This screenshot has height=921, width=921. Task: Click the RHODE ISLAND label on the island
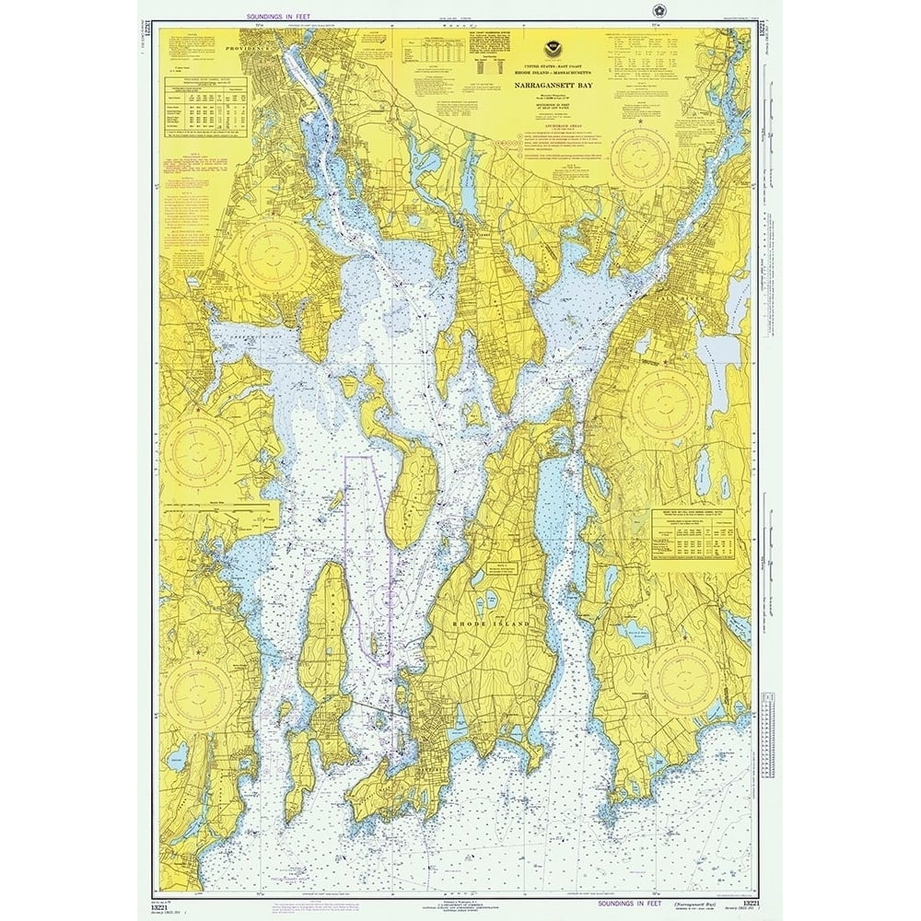[x=491, y=624]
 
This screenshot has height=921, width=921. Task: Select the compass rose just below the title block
[x=642, y=157]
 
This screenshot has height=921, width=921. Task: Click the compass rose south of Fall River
[x=665, y=404]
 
